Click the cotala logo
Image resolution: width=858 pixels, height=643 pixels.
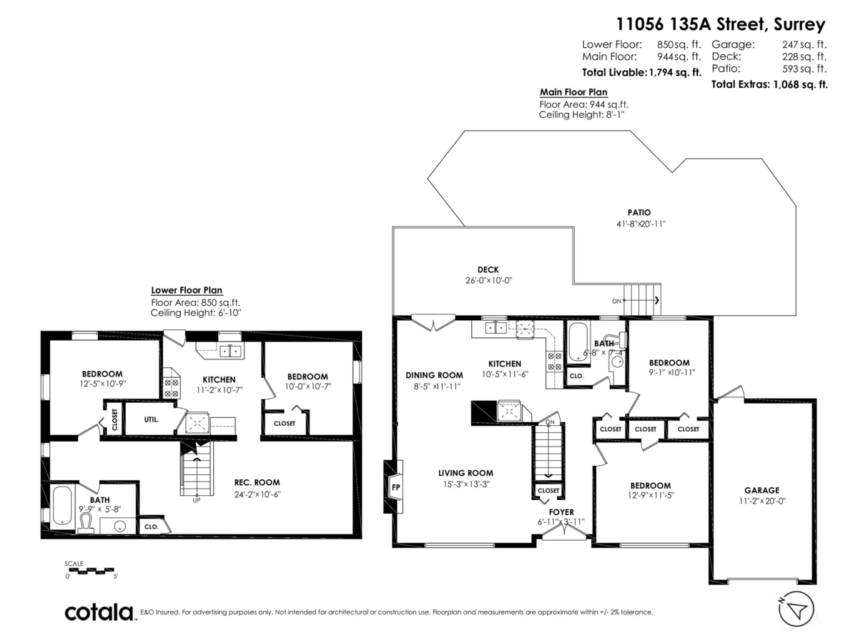(99, 612)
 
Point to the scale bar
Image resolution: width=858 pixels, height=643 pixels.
(91, 570)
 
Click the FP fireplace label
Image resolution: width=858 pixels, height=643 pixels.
(395, 487)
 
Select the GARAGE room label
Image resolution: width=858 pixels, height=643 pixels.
(761, 490)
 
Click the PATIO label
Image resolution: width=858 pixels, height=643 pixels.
(638, 212)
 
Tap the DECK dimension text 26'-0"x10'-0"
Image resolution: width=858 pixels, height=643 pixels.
(488, 280)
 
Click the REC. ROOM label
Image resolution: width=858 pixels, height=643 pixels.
(257, 482)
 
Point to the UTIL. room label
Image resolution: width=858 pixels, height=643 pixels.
(152, 420)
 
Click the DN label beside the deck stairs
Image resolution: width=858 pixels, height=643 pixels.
(616, 301)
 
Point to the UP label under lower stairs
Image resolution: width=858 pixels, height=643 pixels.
(196, 500)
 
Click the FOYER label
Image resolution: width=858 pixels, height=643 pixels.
(561, 512)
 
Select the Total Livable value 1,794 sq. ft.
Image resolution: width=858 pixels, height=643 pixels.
(674, 72)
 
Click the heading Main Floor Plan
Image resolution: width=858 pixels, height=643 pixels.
(573, 92)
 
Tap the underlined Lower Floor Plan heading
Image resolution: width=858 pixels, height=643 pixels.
(187, 290)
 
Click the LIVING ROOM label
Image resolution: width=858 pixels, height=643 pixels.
(465, 473)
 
